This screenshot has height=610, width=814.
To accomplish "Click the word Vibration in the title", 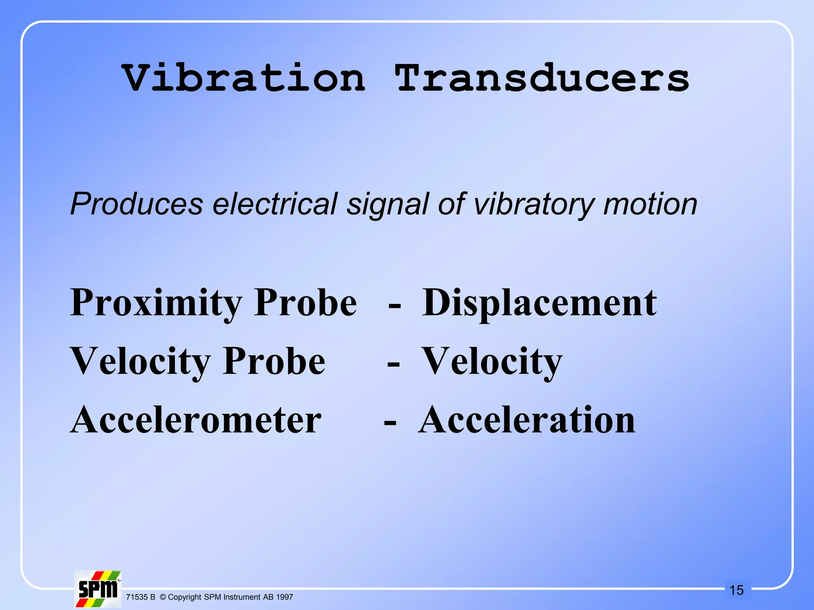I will pyautogui.click(x=243, y=78).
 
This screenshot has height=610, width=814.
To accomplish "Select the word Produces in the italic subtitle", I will pyautogui.click(x=136, y=204).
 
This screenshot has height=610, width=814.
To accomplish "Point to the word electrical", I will pyautogui.click(x=275, y=204).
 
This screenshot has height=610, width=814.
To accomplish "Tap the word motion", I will pyautogui.click(x=650, y=204).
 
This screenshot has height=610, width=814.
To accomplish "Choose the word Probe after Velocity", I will pyautogui.click(x=274, y=361).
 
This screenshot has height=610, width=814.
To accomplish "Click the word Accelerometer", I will pyautogui.click(x=196, y=420).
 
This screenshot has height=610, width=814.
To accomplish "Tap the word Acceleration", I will pyautogui.click(x=527, y=420).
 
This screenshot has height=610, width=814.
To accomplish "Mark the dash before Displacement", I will pyautogui.click(x=395, y=306).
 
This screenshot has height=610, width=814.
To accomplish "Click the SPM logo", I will pyautogui.click(x=98, y=589).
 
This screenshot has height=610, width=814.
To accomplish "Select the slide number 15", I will pyautogui.click(x=736, y=590).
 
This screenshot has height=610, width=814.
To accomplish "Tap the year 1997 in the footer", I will pyautogui.click(x=285, y=597).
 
